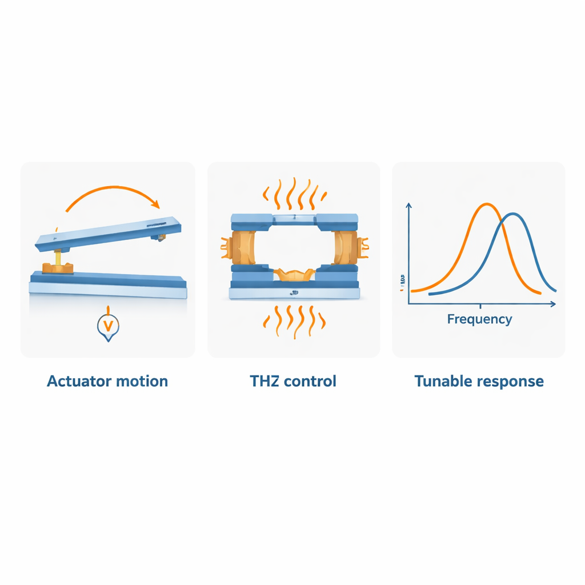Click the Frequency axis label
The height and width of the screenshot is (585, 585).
480,319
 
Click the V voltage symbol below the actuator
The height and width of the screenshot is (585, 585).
107,326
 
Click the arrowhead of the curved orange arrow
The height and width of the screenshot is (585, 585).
155,204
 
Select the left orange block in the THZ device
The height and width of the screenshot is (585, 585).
243,247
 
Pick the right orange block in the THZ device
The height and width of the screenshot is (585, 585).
346,247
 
